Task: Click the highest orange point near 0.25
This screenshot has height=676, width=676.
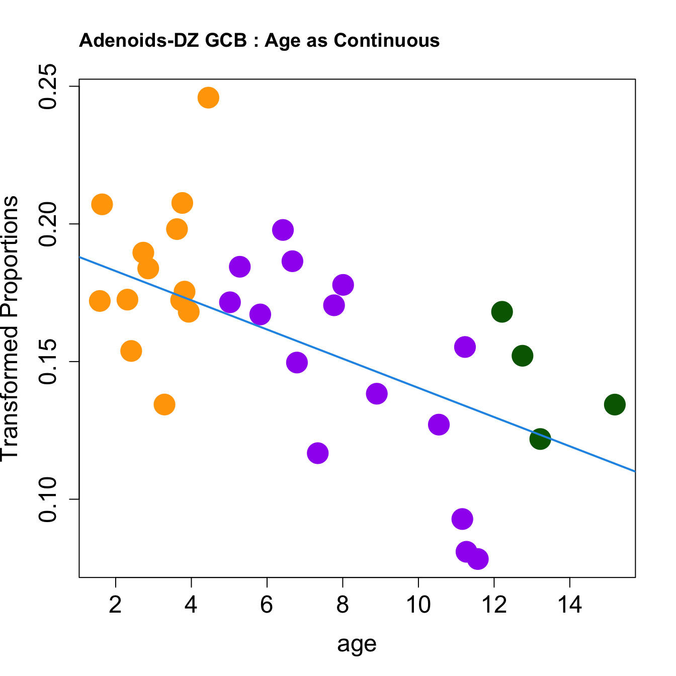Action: click(x=208, y=98)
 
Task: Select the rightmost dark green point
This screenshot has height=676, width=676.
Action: click(x=615, y=404)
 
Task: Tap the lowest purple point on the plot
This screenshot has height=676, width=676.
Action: click(x=477, y=559)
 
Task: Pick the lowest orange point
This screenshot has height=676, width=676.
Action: click(x=164, y=404)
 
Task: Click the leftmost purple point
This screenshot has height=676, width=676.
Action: click(x=230, y=302)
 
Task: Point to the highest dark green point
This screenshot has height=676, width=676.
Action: click(x=502, y=312)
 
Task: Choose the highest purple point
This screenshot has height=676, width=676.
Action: click(x=283, y=230)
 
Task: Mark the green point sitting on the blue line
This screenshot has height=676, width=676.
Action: click(x=540, y=439)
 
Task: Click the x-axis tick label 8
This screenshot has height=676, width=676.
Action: click(x=343, y=605)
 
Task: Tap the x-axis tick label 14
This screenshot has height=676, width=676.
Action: click(x=569, y=605)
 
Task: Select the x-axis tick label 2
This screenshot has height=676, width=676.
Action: click(x=116, y=605)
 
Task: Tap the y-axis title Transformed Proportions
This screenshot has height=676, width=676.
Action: click(x=10, y=327)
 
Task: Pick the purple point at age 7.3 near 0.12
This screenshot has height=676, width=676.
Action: click(x=317, y=453)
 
